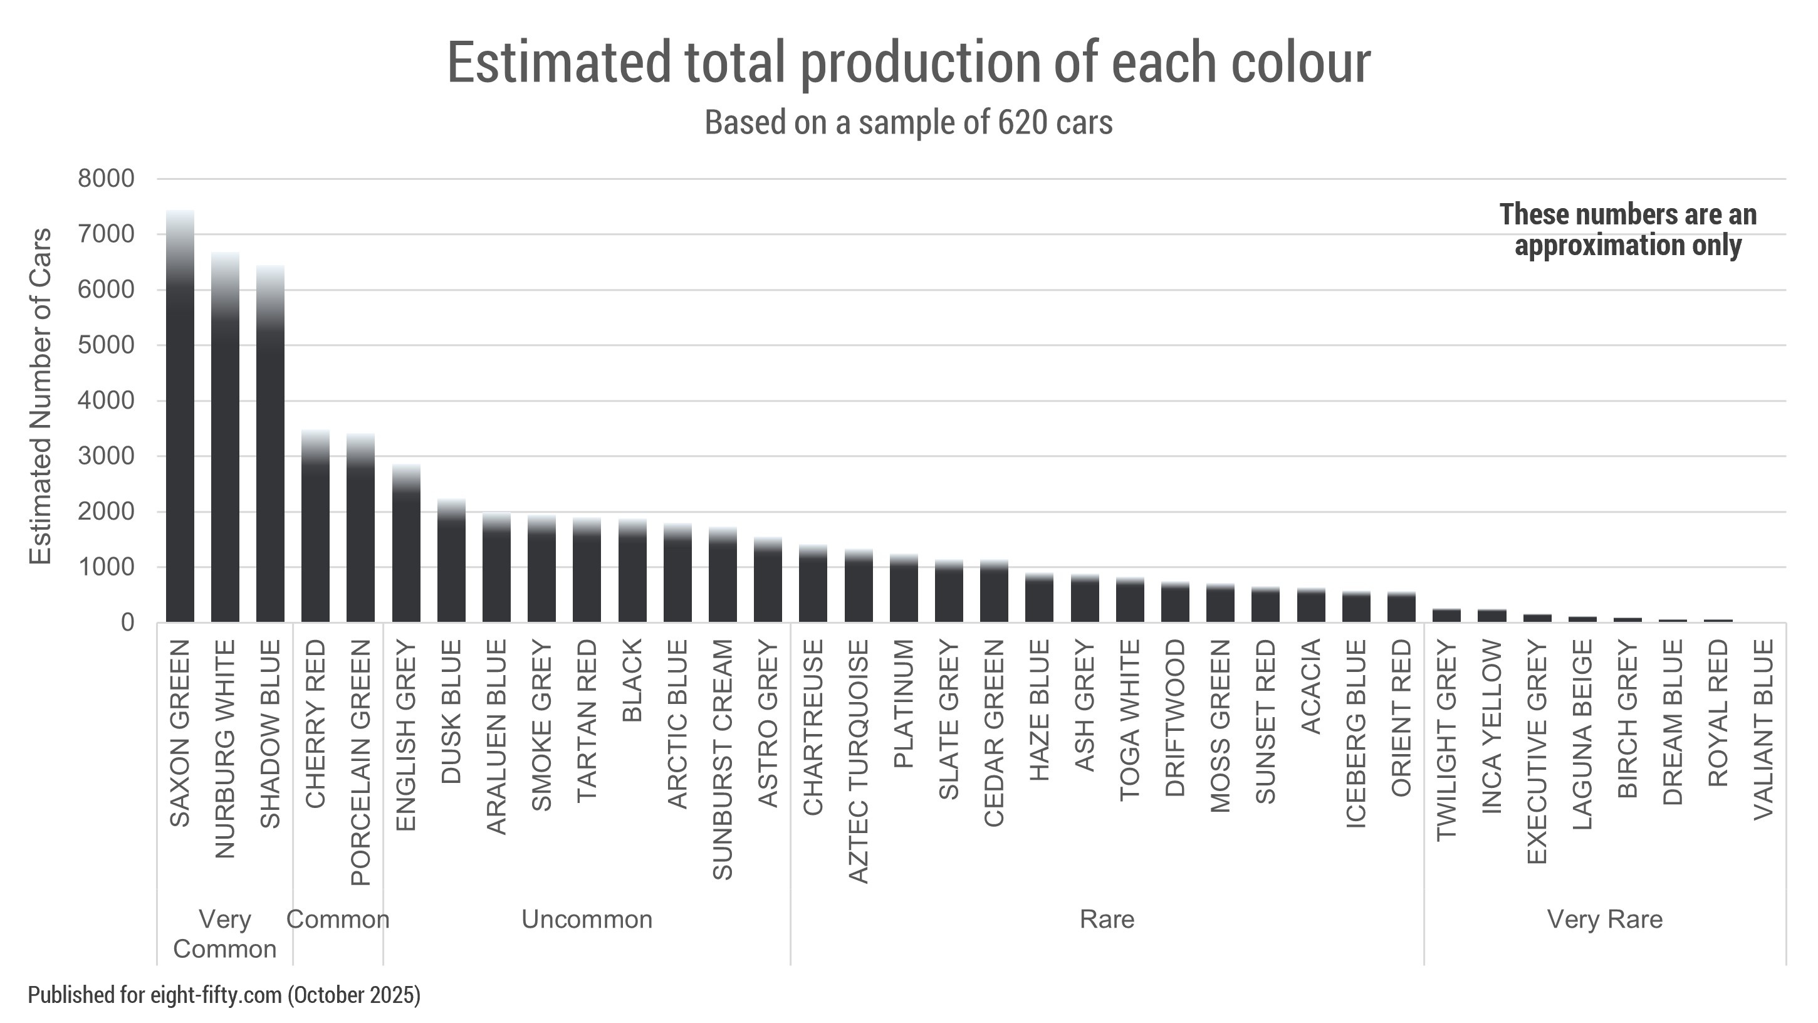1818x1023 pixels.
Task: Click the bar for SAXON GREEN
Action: click(180, 417)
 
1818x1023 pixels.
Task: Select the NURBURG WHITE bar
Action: click(225, 438)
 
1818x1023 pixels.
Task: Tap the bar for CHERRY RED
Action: click(315, 526)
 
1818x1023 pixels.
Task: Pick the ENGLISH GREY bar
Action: click(406, 543)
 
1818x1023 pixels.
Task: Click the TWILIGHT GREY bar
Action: click(1447, 616)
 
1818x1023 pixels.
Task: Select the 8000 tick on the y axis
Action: click(107, 179)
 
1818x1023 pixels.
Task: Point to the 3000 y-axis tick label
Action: click(107, 456)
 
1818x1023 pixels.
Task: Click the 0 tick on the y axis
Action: click(127, 622)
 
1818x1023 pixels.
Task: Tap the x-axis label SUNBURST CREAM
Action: click(722, 760)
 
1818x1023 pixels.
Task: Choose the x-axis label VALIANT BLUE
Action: click(1763, 729)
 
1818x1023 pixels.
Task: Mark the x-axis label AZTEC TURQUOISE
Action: click(857, 761)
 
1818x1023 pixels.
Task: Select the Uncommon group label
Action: click(587, 919)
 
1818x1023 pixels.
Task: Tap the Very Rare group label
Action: click(1605, 919)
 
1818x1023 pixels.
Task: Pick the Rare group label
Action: click(1107, 919)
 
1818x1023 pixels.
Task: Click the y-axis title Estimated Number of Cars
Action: click(40, 396)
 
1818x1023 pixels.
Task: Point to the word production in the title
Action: click(919, 63)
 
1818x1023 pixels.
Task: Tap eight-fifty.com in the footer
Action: click(216, 995)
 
